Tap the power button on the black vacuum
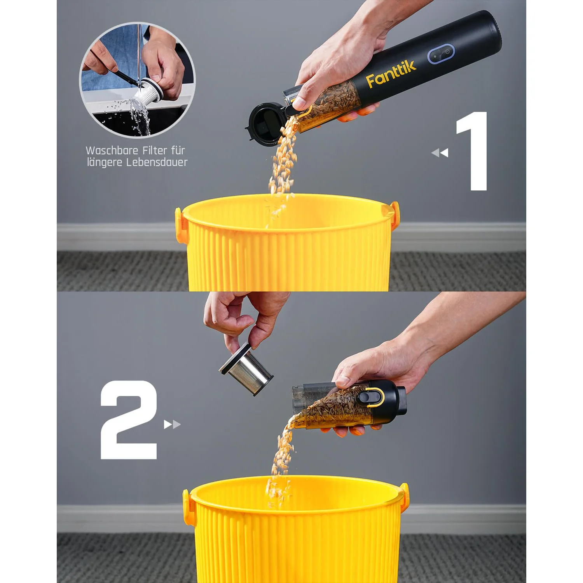click(x=447, y=52)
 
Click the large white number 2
click(x=129, y=420)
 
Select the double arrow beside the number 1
click(x=440, y=153)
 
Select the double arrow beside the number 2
click(x=172, y=424)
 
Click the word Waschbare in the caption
click(x=110, y=150)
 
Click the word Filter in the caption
click(x=154, y=150)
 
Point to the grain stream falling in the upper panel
click(x=282, y=167)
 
